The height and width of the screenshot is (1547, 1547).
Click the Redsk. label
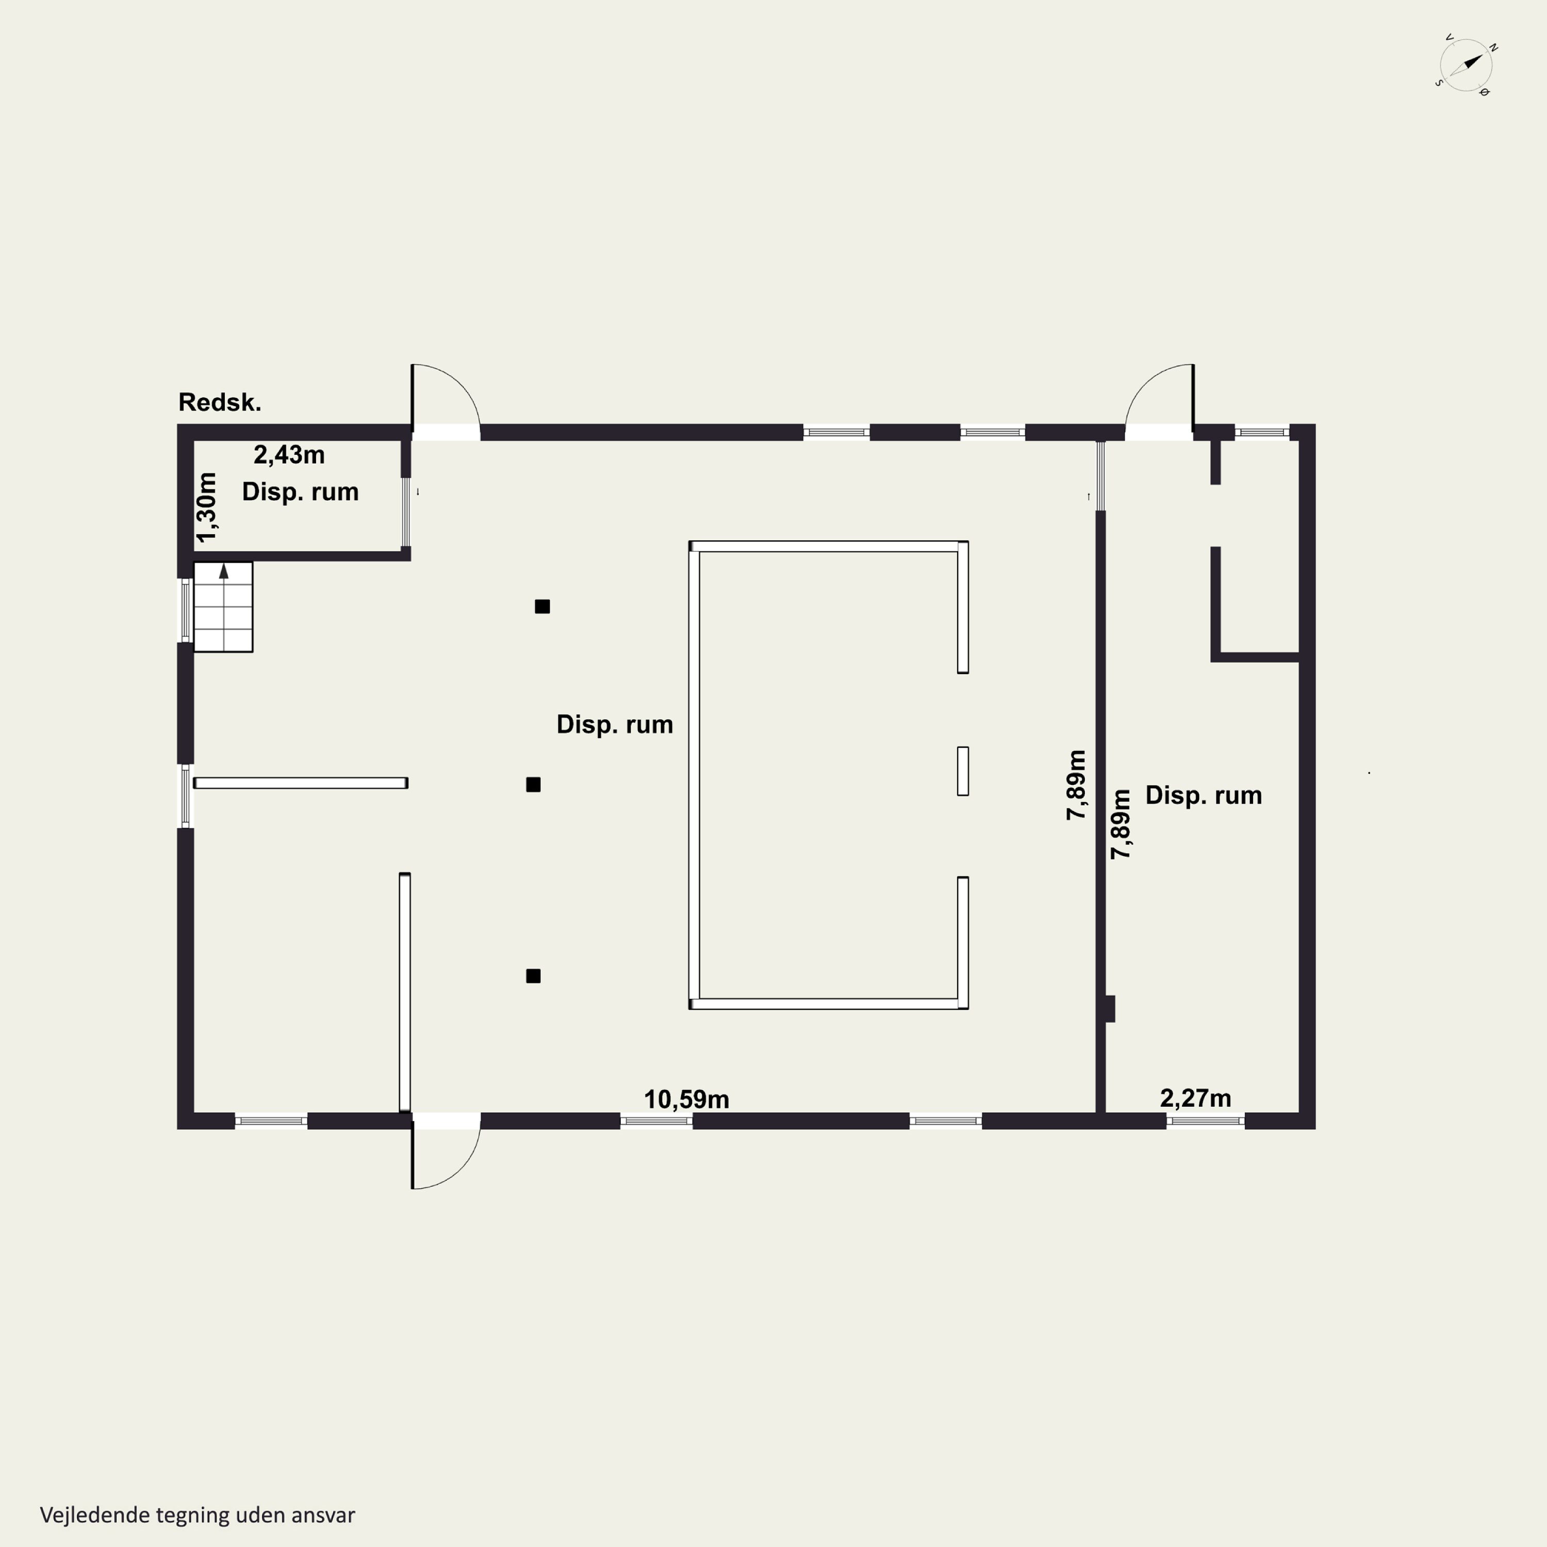pyautogui.click(x=219, y=402)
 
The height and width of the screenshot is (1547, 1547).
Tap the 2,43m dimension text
pyautogui.click(x=289, y=455)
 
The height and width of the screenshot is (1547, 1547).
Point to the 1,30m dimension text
pyautogui.click(x=207, y=507)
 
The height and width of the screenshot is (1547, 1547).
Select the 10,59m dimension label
pyautogui.click(x=686, y=1099)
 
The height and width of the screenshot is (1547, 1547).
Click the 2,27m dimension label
pyautogui.click(x=1195, y=1098)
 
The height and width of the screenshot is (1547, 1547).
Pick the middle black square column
pyautogui.click(x=533, y=785)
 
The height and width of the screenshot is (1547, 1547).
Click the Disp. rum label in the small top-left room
pyautogui.click(x=300, y=491)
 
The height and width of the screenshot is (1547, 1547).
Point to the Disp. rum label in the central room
pyautogui.click(x=615, y=725)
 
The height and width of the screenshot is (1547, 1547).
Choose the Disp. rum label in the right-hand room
pyautogui.click(x=1204, y=795)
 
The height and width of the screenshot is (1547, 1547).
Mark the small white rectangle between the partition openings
pyautogui.click(x=962, y=771)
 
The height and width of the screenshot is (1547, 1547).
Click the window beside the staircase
pyautogui.click(x=186, y=610)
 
